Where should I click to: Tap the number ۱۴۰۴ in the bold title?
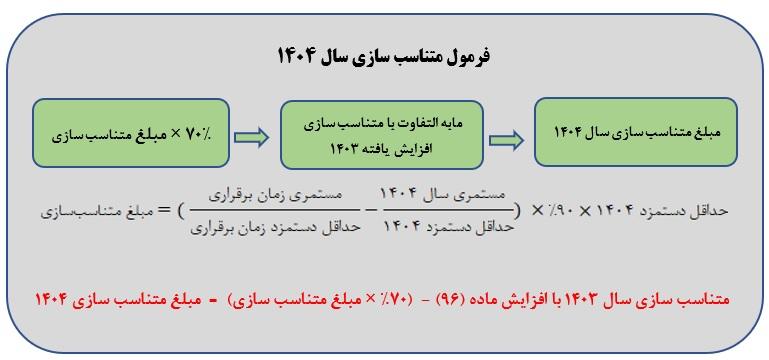(298, 57)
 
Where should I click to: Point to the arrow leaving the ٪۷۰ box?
(251, 137)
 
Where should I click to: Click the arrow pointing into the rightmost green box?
(507, 141)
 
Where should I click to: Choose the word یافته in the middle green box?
(375, 148)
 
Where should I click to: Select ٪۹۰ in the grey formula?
(563, 211)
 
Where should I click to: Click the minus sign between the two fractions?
(372, 211)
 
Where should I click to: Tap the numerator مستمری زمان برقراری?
(276, 195)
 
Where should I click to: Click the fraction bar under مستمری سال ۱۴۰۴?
(448, 211)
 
